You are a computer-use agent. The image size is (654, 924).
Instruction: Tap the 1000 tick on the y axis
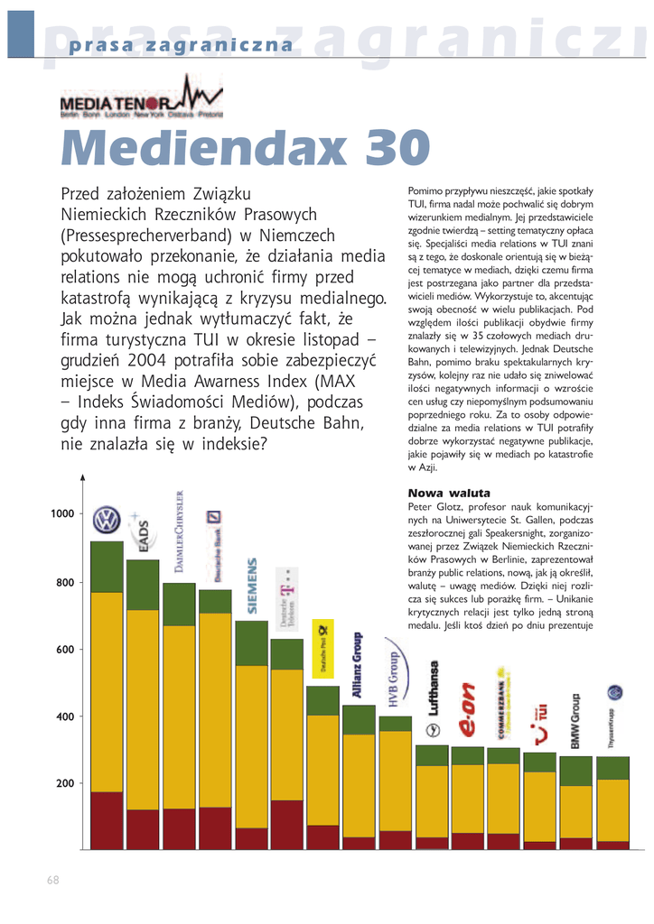(x=62, y=513)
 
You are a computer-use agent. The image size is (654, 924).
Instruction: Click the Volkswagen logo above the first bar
(x=107, y=520)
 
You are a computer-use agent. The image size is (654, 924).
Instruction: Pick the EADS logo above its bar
(x=142, y=532)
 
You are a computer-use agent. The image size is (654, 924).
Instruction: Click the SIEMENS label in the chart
(x=252, y=587)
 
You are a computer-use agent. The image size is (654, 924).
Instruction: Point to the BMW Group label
(x=575, y=722)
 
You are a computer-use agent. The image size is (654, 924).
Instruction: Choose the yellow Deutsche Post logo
(x=323, y=649)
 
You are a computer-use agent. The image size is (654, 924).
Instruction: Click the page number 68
(x=53, y=880)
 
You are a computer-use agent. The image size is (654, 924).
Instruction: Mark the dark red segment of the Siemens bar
(x=251, y=838)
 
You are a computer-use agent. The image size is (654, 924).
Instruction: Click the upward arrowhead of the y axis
(x=83, y=477)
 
